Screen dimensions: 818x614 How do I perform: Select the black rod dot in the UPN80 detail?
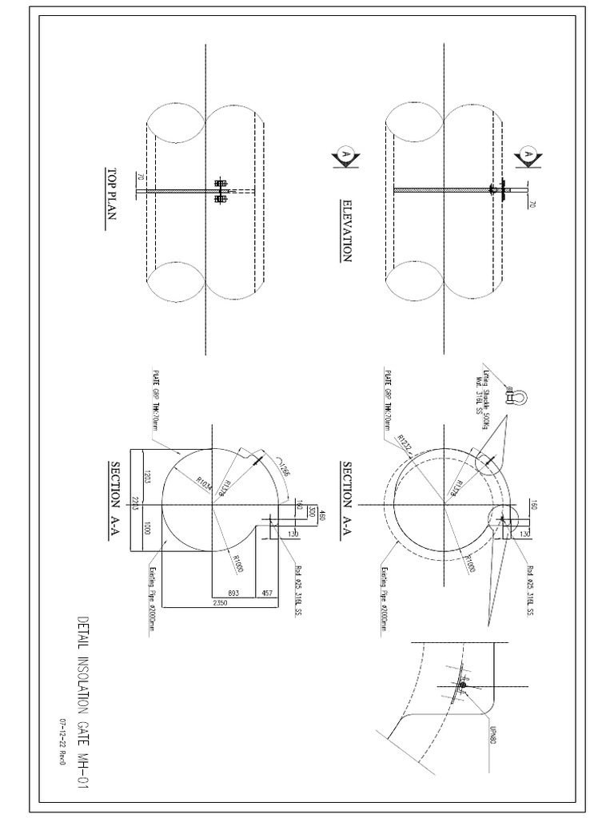462,685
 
